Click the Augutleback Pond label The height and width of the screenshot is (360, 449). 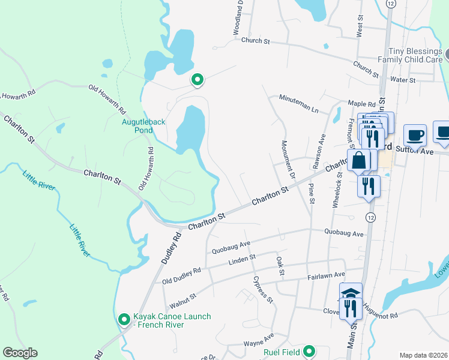point(143,126)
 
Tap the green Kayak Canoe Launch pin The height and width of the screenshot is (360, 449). point(124,319)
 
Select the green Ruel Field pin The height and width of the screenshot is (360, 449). point(309,351)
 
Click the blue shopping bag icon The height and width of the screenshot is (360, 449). point(359,161)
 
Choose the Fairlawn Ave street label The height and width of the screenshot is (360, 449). point(326,275)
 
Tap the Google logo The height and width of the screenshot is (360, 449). point(20,353)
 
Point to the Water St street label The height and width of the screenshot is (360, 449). point(403,80)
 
